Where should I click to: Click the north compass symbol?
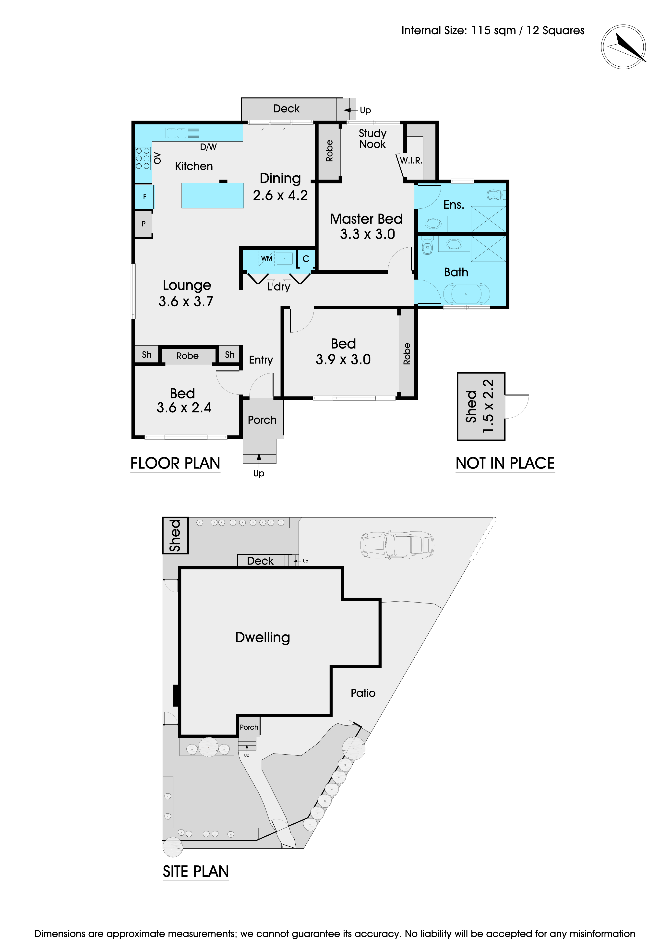click(x=624, y=47)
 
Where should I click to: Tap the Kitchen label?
click(x=194, y=166)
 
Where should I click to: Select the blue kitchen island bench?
click(x=213, y=195)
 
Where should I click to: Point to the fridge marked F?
click(x=144, y=196)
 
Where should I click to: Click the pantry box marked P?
click(x=144, y=224)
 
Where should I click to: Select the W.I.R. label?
click(x=411, y=161)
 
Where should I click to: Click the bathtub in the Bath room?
click(x=466, y=294)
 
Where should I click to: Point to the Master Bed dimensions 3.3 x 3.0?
click(x=367, y=234)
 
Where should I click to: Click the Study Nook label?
click(x=372, y=139)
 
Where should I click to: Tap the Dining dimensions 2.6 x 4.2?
click(x=281, y=195)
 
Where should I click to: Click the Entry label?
click(x=261, y=360)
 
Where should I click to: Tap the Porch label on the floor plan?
click(x=262, y=420)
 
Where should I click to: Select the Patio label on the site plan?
click(x=363, y=693)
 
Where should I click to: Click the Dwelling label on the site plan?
click(x=263, y=637)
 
